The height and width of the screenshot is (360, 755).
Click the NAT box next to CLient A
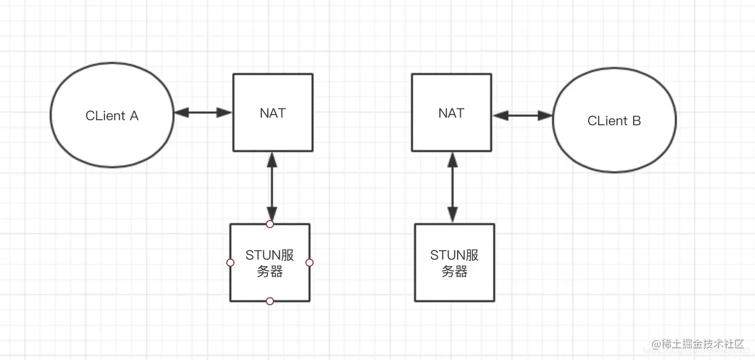tap(273, 133)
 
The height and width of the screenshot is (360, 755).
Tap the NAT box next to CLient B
tap(451, 133)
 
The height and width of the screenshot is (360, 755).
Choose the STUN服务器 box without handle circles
tap(455, 286)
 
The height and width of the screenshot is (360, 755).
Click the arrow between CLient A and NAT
tap(203, 112)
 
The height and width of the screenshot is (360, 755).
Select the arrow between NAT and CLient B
tap(523, 116)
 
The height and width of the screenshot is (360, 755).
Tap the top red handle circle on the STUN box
tap(270, 224)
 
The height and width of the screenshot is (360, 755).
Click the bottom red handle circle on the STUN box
tap(270, 301)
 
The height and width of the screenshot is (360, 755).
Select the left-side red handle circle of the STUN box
tap(230, 263)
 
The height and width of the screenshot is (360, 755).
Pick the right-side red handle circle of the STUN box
tap(309, 263)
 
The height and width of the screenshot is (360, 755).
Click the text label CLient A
tap(112, 116)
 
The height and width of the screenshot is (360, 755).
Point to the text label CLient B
tap(614, 121)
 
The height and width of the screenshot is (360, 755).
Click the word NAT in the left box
tap(273, 113)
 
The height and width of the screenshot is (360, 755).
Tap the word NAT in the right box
tap(451, 113)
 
